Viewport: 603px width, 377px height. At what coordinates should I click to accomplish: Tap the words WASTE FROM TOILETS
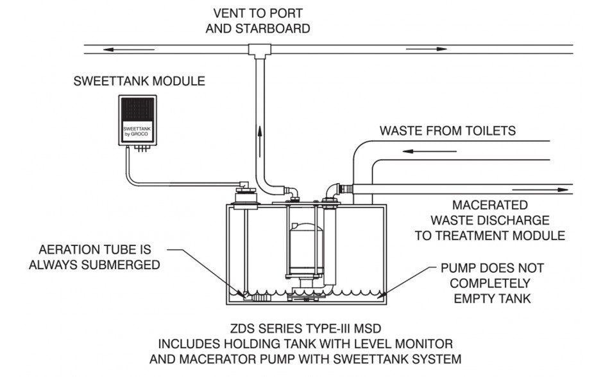click(x=447, y=131)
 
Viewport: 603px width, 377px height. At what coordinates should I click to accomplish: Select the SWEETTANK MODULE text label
click(x=139, y=82)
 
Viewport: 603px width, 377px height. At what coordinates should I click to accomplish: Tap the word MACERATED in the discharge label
click(x=490, y=206)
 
